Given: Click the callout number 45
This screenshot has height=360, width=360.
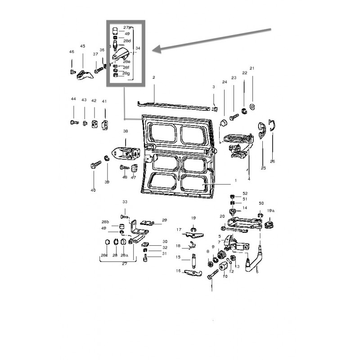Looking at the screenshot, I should point(82,46).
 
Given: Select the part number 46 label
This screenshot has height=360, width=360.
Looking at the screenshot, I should point(72,52).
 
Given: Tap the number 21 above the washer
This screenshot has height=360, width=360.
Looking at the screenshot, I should point(252,68).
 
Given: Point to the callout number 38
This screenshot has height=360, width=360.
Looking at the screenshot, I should point(126,131).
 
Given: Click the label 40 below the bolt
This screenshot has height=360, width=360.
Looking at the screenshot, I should point(93,190).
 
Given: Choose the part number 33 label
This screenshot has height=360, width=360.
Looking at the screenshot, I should point(125,202).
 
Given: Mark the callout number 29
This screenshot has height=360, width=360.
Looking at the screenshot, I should point(164,220).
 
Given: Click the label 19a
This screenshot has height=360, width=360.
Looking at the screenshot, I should point(270,211).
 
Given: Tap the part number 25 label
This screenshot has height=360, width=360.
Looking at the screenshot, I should point(263,168).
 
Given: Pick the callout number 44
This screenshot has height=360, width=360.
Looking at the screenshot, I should point(73,99).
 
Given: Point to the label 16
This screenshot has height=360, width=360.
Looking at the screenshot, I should point(178,271).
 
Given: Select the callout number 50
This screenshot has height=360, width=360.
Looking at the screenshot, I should point(261,203).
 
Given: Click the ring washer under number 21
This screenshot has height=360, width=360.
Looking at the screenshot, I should point(252,106).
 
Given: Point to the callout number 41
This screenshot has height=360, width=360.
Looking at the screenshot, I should point(104,101).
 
